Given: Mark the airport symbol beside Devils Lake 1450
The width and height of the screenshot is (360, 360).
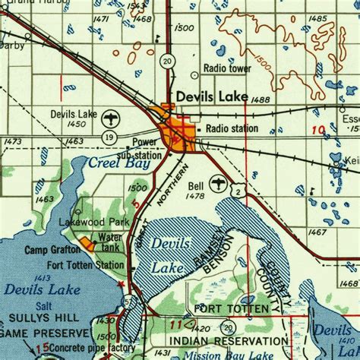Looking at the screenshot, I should pos(112,118).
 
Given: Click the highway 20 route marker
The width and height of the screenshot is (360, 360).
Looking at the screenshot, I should pos(166,61).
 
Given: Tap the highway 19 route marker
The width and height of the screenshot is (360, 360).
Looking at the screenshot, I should pos(111,137).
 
